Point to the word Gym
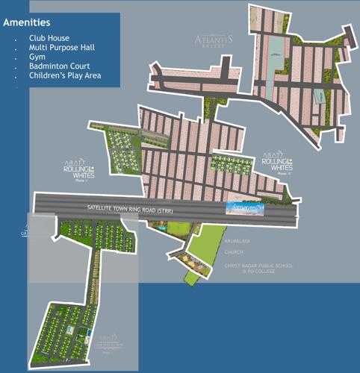tap(37, 56)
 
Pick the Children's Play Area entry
tap(65, 75)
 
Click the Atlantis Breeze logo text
tap(214, 39)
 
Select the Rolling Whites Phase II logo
tap(278, 165)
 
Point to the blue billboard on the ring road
tap(247, 210)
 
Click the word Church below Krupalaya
tap(234, 252)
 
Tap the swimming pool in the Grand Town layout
tap(71, 328)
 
